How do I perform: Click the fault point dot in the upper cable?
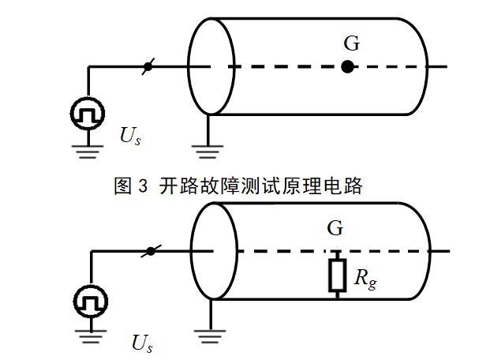[347, 67]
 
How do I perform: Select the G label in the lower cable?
[335, 229]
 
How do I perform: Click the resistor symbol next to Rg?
[337, 275]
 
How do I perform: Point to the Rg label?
[365, 277]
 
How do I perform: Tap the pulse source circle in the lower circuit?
[90, 300]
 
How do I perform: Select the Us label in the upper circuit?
[131, 136]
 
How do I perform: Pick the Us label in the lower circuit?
[143, 343]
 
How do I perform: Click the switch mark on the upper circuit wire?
[147, 67]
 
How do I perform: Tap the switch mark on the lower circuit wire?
[149, 252]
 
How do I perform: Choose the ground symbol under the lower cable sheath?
[209, 336]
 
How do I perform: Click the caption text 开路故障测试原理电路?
[260, 186]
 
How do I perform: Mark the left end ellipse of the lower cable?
[213, 252]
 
